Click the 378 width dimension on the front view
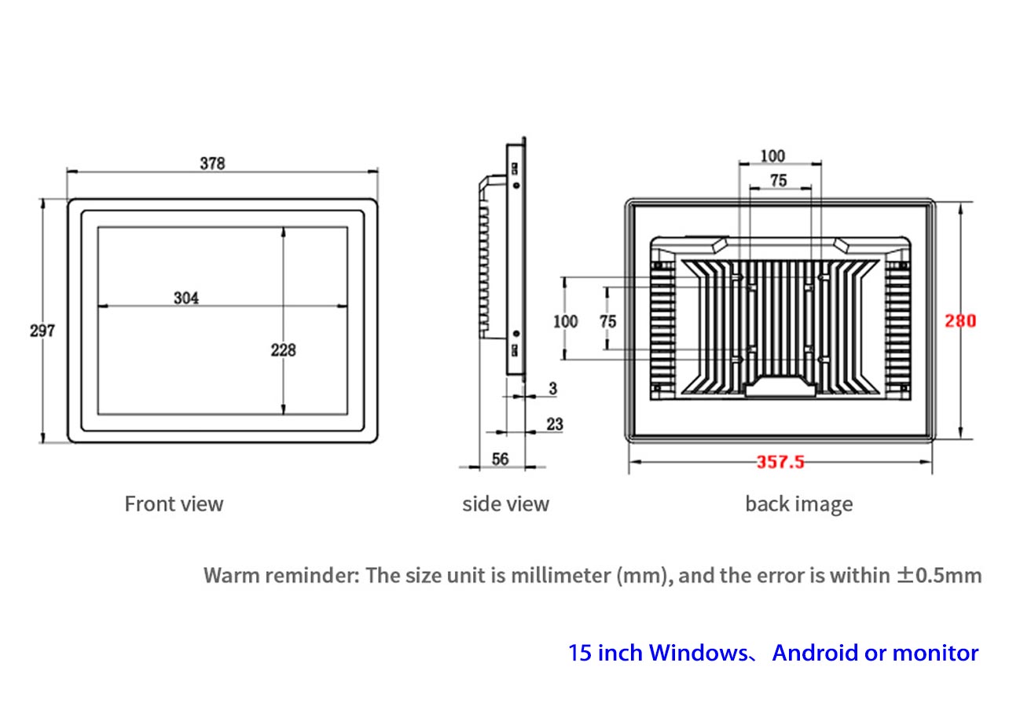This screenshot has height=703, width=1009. [212, 163]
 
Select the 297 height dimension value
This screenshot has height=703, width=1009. [42, 331]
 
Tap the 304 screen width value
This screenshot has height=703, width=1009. [186, 298]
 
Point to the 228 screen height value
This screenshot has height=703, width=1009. [283, 350]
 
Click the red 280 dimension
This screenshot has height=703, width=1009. [960, 321]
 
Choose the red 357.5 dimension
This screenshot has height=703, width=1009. [780, 462]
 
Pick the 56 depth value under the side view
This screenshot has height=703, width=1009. [501, 460]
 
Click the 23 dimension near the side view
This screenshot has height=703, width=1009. [554, 424]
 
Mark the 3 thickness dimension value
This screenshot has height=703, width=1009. [552, 389]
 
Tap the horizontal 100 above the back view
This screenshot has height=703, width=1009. [772, 156]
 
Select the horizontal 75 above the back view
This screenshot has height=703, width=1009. [778, 181]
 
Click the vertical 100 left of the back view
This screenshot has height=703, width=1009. [565, 321]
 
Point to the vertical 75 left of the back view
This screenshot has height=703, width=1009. [607, 321]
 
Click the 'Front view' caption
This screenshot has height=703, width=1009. [174, 503]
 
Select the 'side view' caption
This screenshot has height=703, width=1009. [505, 503]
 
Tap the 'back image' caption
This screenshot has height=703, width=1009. [798, 503]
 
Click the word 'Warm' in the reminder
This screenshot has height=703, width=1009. [231, 575]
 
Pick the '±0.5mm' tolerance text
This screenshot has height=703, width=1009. [939, 575]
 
